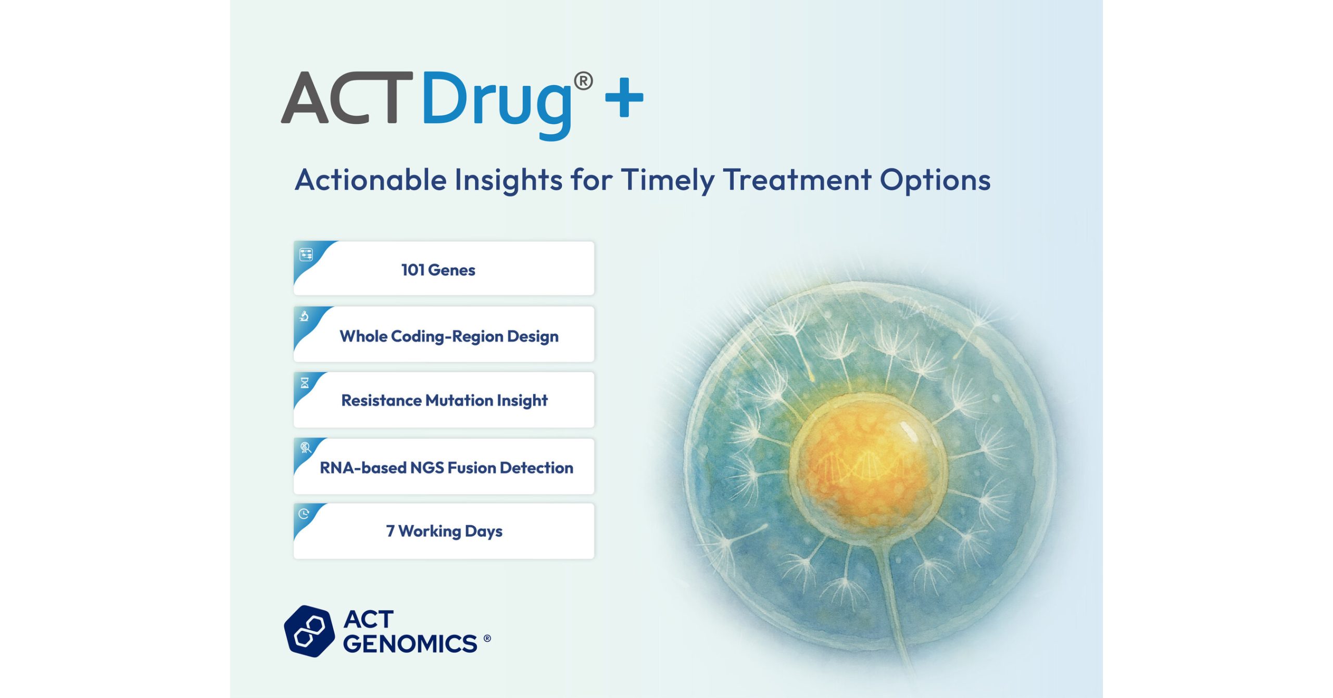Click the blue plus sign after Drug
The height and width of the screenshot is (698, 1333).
(624, 97)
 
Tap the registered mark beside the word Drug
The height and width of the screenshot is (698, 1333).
(583, 81)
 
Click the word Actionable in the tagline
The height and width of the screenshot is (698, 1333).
(371, 180)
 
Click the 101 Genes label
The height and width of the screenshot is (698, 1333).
(438, 270)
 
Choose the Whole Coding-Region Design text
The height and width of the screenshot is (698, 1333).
(449, 336)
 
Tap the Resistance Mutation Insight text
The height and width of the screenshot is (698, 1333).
(444, 400)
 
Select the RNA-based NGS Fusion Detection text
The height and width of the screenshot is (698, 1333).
(446, 467)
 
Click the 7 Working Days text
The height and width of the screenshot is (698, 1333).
(444, 531)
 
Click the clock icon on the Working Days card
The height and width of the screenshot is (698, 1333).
(304, 514)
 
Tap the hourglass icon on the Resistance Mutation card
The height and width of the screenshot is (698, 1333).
(305, 383)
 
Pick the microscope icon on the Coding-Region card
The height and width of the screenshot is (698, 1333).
(305, 316)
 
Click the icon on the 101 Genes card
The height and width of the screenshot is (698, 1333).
(306, 255)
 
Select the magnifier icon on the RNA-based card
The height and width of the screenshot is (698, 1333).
(306, 448)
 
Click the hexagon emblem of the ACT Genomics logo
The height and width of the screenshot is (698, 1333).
(309, 631)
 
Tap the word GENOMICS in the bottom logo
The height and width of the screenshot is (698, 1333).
(410, 644)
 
